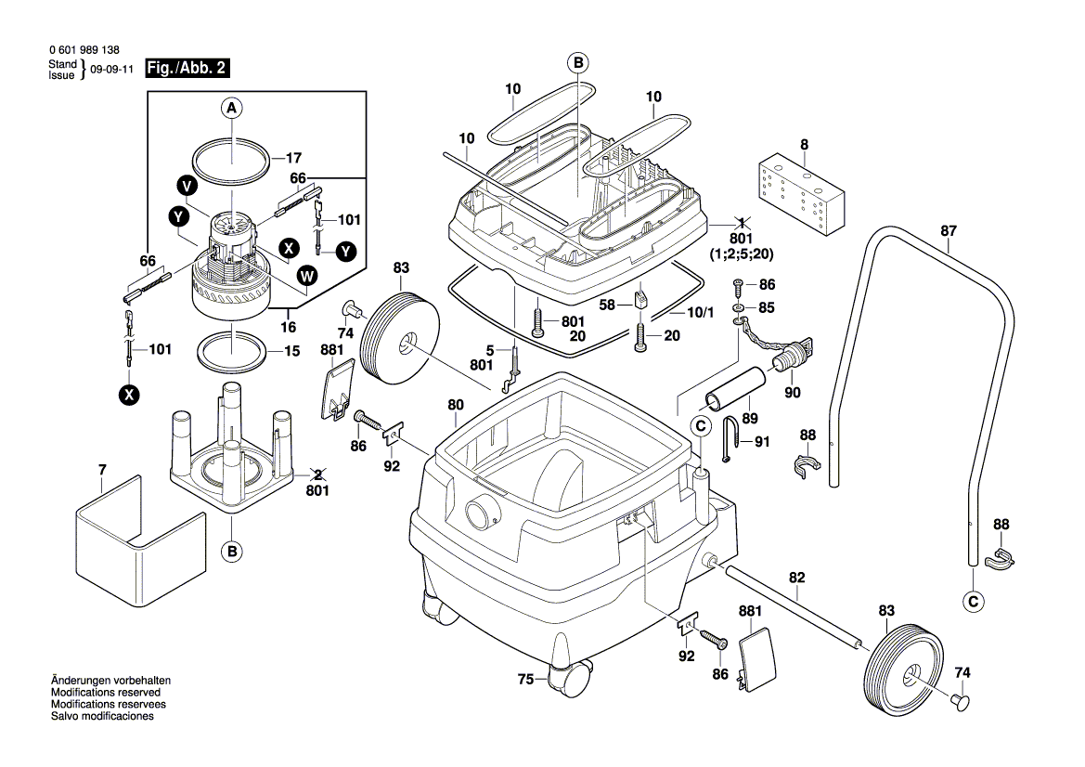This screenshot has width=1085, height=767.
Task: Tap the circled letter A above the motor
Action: (232, 109)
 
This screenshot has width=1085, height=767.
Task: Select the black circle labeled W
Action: (307, 275)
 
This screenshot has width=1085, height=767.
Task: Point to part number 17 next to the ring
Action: (293, 157)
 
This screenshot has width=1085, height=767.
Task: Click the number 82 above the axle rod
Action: (796, 578)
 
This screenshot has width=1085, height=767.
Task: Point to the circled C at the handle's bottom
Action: (973, 602)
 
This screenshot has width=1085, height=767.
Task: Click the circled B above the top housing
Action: (577, 62)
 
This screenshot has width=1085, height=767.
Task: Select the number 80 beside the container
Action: (455, 405)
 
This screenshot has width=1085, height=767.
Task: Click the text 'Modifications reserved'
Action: (105, 693)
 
